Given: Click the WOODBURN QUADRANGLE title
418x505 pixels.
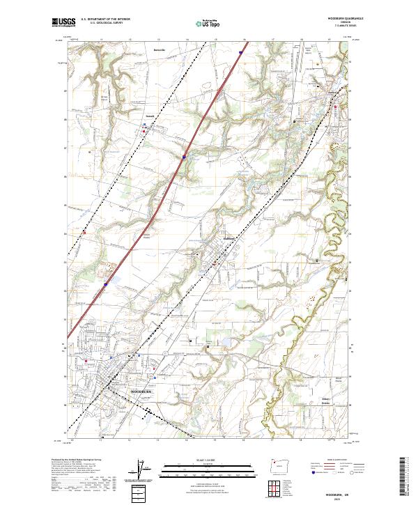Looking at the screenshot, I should pos(342,18).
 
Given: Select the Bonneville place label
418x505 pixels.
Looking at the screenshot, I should pos(160,50).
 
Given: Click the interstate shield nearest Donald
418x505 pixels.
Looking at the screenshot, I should pos(184,157).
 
